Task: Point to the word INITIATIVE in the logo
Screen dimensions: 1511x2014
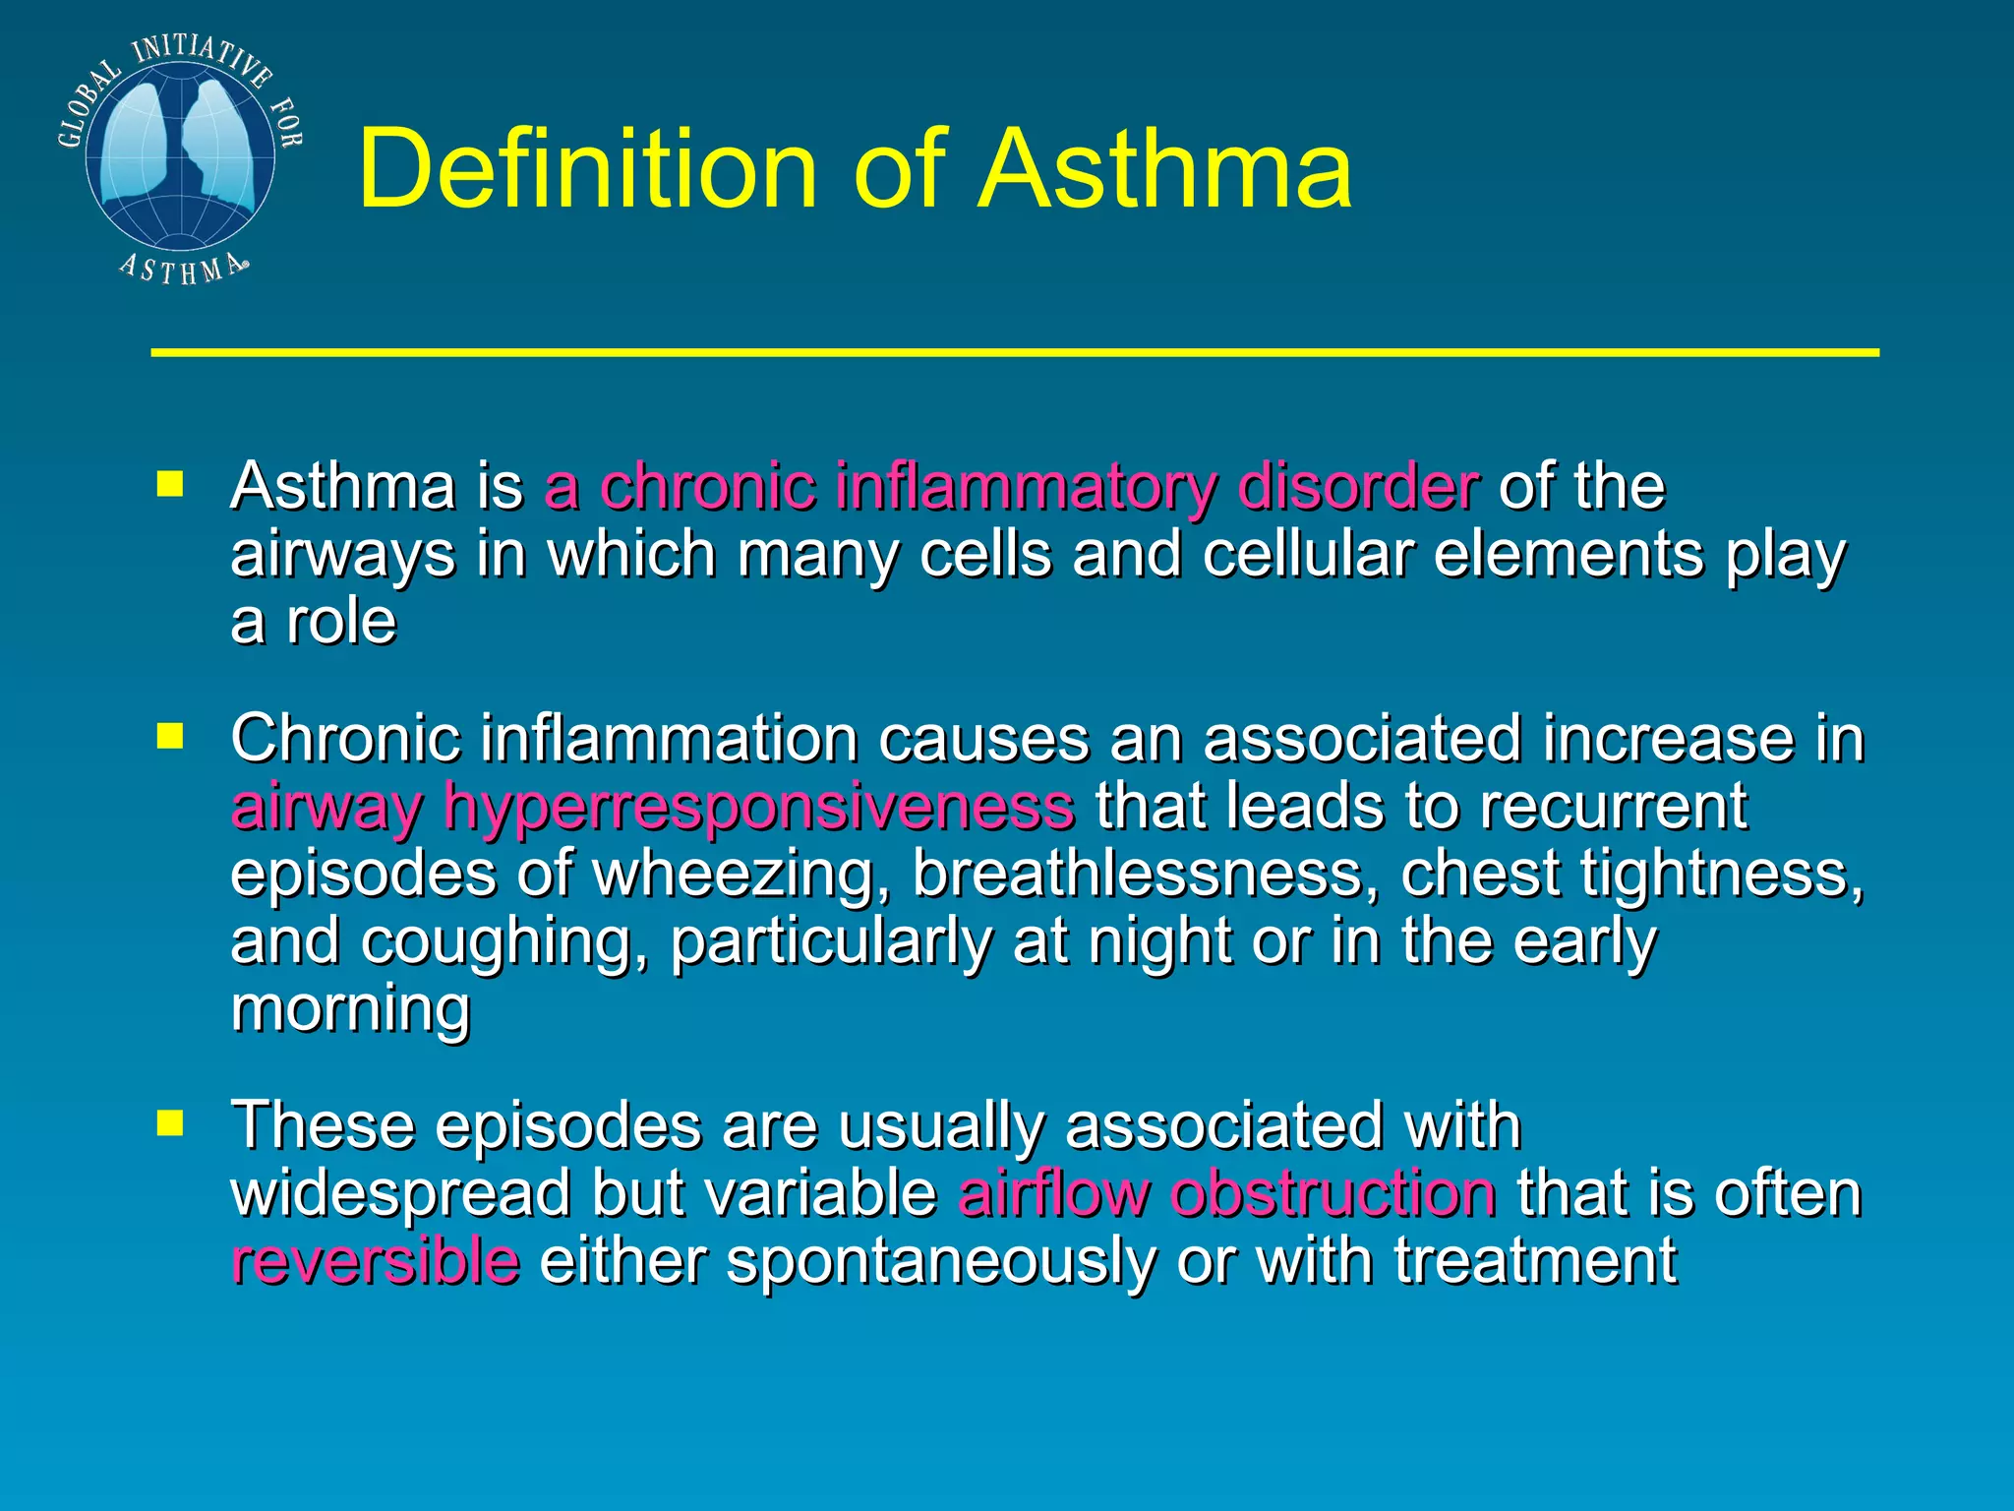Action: coord(202,56)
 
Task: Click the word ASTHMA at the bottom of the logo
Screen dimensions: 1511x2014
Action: coord(182,269)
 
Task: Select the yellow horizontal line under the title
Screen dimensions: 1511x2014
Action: coord(1014,351)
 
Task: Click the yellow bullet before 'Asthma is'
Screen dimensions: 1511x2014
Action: coord(170,484)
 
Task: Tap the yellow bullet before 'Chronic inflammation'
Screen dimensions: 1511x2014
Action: coord(170,737)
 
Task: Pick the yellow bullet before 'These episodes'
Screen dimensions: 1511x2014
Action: coord(170,1122)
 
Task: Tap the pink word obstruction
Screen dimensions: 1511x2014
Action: coord(1333,1194)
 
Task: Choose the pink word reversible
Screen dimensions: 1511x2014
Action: coord(375,1261)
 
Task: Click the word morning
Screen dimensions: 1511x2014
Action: coord(350,1009)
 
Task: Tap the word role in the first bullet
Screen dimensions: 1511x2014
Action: coord(341,622)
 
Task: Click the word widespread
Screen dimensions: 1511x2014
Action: coord(400,1194)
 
